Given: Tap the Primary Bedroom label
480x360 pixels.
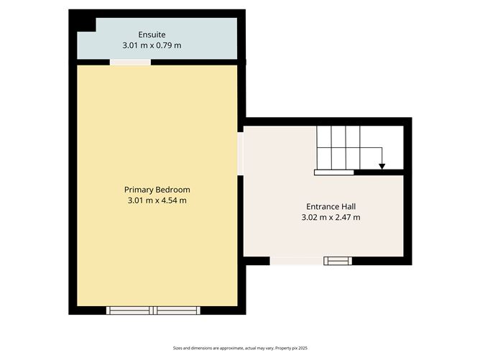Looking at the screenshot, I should (157, 190).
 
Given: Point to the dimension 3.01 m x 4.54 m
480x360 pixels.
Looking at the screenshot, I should (157, 200).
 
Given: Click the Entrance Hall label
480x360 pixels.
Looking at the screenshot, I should (331, 206).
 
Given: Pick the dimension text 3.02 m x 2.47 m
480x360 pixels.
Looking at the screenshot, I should (331, 217).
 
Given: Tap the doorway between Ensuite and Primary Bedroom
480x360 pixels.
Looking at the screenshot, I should (130, 63).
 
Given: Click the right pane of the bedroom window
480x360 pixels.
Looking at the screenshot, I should (177, 310).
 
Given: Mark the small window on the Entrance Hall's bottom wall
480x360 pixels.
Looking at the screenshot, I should (337, 261).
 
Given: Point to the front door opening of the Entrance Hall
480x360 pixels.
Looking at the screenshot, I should (296, 261).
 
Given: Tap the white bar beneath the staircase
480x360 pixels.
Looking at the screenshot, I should (334, 172).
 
